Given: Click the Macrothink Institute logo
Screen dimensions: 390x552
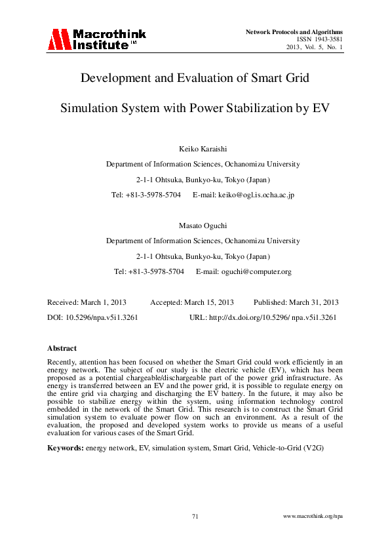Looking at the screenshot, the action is point(96,39).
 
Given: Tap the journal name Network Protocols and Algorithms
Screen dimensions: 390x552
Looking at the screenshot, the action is point(294,31).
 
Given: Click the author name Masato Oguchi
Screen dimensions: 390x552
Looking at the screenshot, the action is point(194,225).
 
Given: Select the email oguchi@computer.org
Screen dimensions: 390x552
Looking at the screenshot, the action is point(258,271).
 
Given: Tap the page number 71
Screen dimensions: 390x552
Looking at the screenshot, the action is point(195,517).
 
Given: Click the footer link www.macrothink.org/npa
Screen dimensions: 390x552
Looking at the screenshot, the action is point(313,517).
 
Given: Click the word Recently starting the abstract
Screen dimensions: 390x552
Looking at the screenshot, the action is point(62,362).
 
